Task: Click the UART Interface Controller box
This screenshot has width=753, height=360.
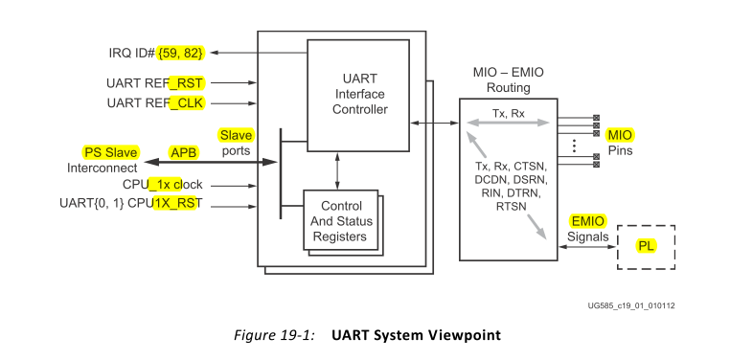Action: click(357, 94)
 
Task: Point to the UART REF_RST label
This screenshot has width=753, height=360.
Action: click(156, 83)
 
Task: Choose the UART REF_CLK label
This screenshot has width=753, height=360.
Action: click(156, 101)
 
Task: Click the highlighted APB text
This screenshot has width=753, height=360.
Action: click(181, 152)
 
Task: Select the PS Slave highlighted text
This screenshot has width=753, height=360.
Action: click(110, 152)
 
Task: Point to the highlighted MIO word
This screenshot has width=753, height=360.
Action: click(621, 135)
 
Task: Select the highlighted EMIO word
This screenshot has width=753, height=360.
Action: click(586, 220)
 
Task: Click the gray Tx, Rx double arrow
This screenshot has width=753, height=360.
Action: click(508, 123)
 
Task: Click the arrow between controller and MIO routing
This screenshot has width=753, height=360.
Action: click(432, 123)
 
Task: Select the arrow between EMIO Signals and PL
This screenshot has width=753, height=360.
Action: click(586, 248)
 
